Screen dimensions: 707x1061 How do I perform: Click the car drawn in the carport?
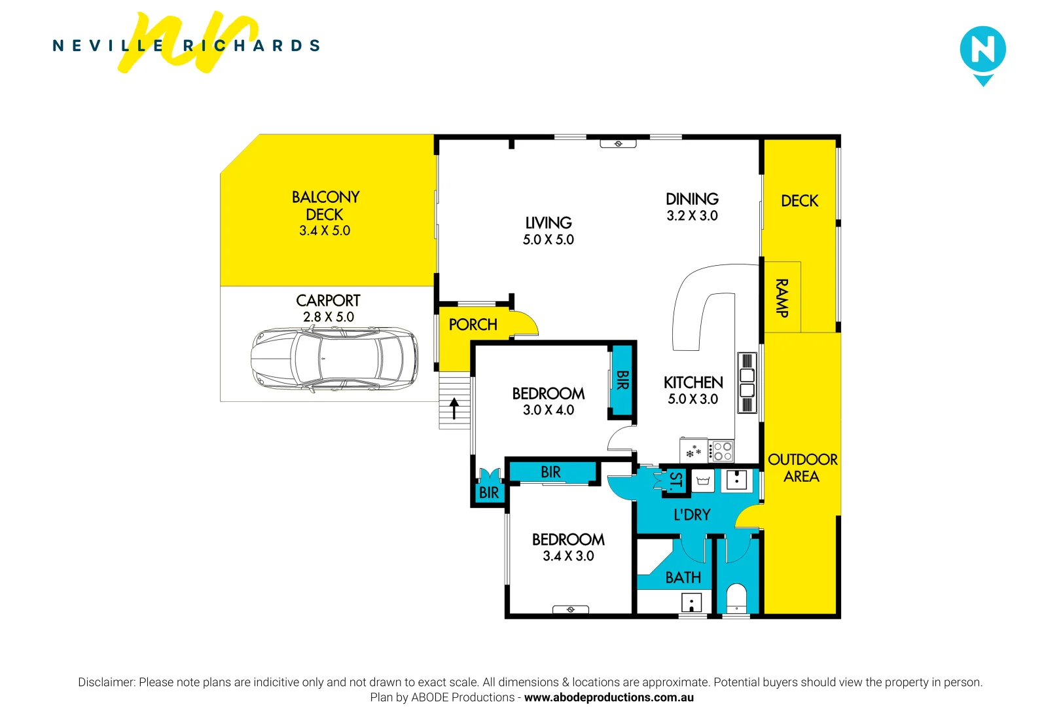coord(334,359)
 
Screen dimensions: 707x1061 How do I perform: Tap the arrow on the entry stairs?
coord(454,409)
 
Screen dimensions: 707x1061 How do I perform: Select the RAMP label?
coord(782,298)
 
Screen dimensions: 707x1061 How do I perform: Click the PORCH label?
coord(473,325)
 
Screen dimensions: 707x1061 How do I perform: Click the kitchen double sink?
coord(747,383)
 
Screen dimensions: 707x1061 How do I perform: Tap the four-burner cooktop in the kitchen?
coord(723,451)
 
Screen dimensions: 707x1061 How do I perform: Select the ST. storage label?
coord(675,481)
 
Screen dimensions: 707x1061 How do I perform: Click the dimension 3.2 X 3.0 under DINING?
coord(692,216)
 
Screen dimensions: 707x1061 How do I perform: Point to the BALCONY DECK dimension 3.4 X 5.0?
coord(325,230)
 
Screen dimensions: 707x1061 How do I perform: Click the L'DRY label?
coord(692,515)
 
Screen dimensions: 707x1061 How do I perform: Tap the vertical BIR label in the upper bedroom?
coord(622,380)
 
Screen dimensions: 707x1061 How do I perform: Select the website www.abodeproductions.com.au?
coord(608,697)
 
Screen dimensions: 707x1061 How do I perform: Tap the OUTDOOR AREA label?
coord(802,467)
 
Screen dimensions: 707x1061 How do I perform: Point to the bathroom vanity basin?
coord(691,602)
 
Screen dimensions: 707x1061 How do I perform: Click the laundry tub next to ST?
coord(703,481)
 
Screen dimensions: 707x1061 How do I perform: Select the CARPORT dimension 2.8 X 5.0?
coord(328,317)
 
